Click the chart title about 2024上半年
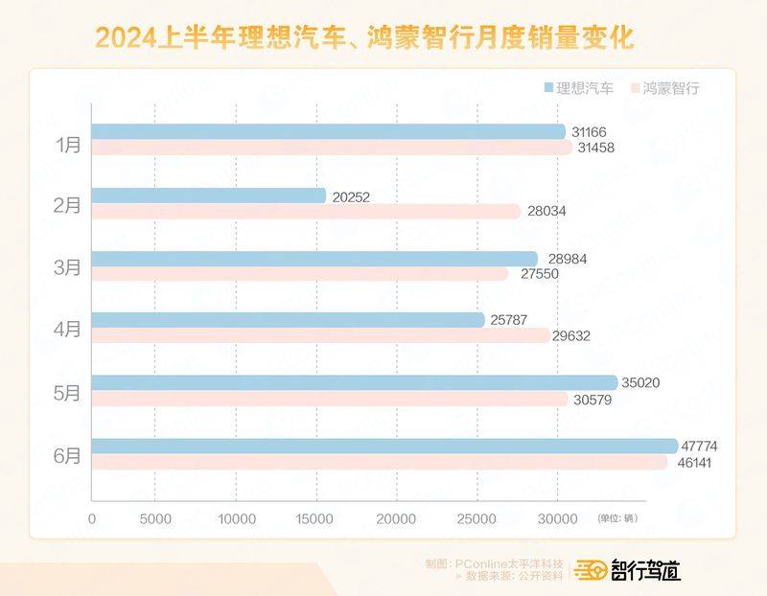364,38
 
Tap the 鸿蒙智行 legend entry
664,88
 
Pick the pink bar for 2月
306,211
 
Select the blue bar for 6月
383,446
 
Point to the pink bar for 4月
320,335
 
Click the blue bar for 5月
354,383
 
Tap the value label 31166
590,132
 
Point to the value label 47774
699,447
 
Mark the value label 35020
641,383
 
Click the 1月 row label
68,146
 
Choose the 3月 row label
68,267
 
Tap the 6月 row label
68,456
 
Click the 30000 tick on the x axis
557,518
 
